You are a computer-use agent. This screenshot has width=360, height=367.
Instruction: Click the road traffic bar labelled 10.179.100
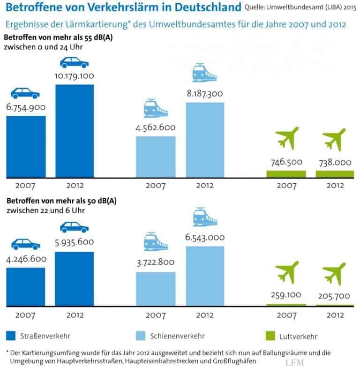(75, 131)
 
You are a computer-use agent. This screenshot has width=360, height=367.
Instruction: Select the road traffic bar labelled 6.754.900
(26, 147)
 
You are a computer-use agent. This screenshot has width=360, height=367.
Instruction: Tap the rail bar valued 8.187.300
(205, 140)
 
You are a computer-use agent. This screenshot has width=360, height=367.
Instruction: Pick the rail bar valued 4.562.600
(156, 157)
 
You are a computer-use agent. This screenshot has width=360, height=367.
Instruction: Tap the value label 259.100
(286, 295)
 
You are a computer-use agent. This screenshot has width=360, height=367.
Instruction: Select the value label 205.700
(335, 295)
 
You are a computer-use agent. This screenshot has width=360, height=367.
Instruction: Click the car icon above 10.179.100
(75, 63)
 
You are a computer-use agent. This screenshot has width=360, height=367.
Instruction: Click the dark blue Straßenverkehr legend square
(12, 336)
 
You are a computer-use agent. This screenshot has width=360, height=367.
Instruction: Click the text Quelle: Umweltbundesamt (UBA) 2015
(301, 7)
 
